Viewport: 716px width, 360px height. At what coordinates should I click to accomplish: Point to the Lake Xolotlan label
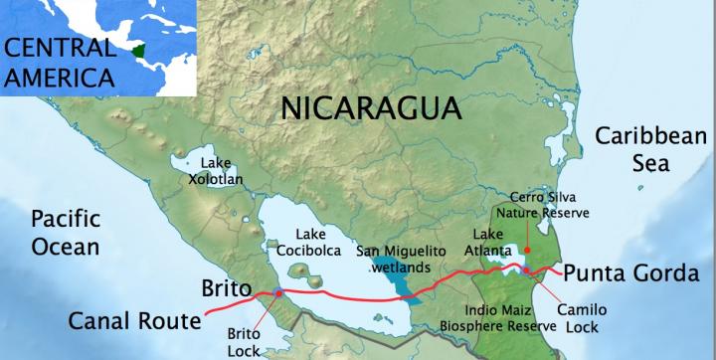[223, 171]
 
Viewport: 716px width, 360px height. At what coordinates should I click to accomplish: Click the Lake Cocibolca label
[305, 244]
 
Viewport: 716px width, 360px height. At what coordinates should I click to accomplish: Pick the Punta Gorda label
[625, 271]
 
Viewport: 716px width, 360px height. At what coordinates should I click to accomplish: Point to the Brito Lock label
[242, 342]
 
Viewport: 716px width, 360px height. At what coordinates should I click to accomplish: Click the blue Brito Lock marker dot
[277, 292]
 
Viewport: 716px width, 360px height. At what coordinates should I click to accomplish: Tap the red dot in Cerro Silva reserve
[528, 250]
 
